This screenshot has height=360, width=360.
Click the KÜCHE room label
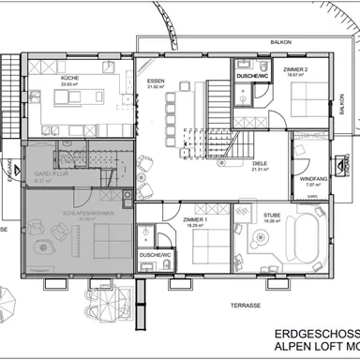click(68, 77)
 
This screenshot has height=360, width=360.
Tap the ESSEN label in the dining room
click(156, 82)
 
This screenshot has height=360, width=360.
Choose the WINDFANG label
click(313, 178)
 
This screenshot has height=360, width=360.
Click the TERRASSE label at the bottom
click(246, 305)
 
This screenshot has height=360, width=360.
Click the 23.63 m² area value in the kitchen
click(68, 83)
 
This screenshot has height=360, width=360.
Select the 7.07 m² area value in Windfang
click(313, 185)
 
